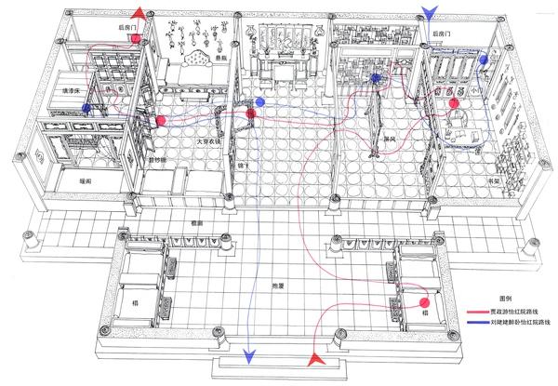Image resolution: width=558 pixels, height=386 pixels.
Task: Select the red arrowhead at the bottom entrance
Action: pos(317,358)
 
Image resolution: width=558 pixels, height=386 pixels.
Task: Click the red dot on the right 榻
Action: pos(423,302)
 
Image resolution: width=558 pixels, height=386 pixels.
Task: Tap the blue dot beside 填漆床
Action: pos(86,108)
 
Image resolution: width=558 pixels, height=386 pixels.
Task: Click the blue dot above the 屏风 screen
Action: pos(376,79)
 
